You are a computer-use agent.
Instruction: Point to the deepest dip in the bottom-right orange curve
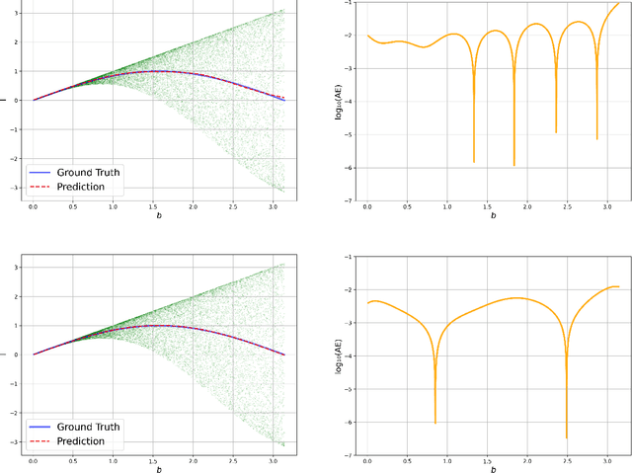(567, 436)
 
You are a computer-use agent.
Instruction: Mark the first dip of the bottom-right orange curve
(435, 423)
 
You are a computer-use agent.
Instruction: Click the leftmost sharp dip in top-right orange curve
(474, 161)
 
